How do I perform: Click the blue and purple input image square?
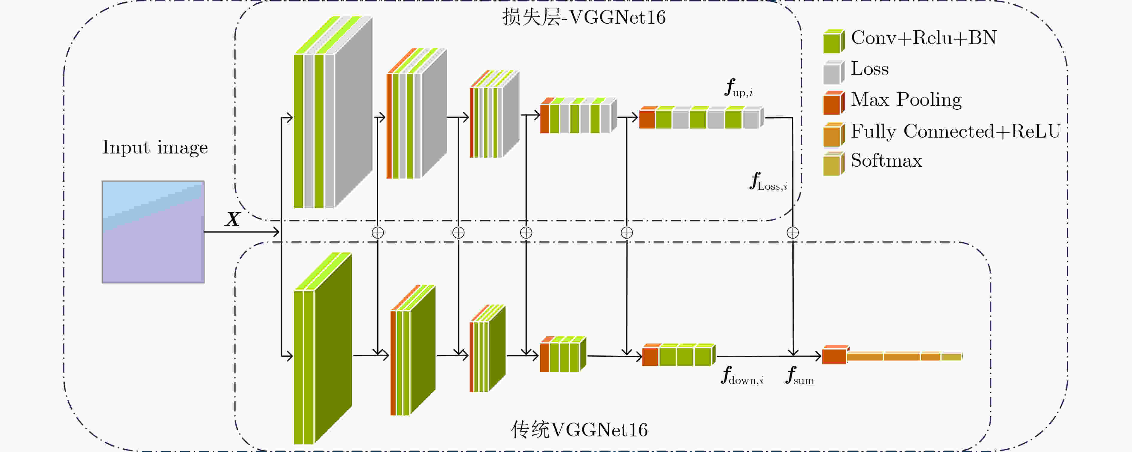click(153, 232)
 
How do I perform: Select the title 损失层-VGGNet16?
click(584, 17)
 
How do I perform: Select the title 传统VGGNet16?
click(579, 430)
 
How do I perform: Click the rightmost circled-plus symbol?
click(793, 233)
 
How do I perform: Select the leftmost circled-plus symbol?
click(378, 233)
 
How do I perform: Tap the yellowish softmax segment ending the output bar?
click(951, 356)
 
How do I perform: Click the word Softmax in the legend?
click(886, 160)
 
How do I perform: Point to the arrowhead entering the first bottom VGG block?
click(289, 355)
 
